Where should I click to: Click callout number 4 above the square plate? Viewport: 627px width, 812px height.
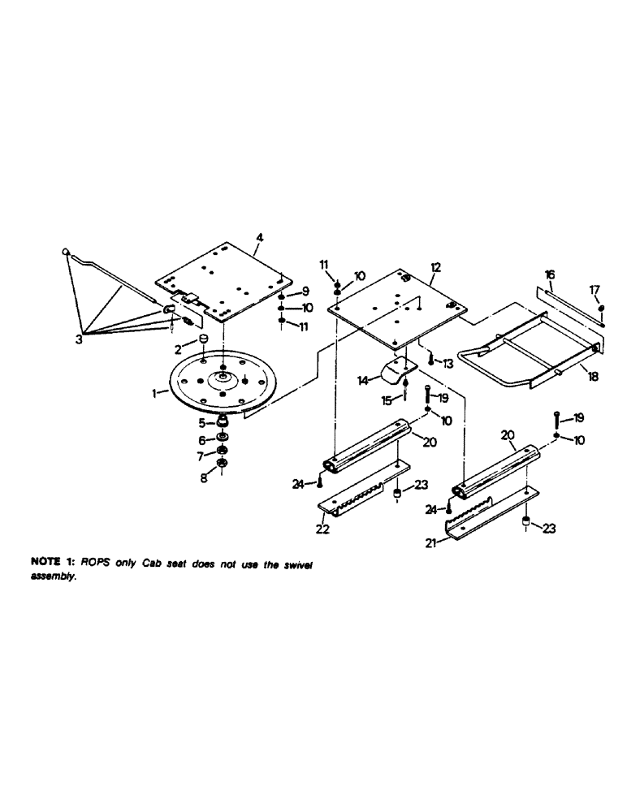[259, 238]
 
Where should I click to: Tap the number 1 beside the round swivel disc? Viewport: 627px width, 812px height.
[154, 392]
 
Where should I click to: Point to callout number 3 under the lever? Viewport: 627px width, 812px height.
[80, 340]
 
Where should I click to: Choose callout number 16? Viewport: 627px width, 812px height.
[549, 275]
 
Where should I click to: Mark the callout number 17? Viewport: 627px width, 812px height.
[595, 288]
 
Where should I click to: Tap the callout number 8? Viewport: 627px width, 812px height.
[203, 479]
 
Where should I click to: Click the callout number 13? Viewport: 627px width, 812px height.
[448, 362]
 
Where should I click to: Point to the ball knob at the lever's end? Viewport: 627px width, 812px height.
[65, 253]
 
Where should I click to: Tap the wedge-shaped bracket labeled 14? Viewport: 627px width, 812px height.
[396, 374]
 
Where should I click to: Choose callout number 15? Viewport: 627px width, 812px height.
[385, 400]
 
